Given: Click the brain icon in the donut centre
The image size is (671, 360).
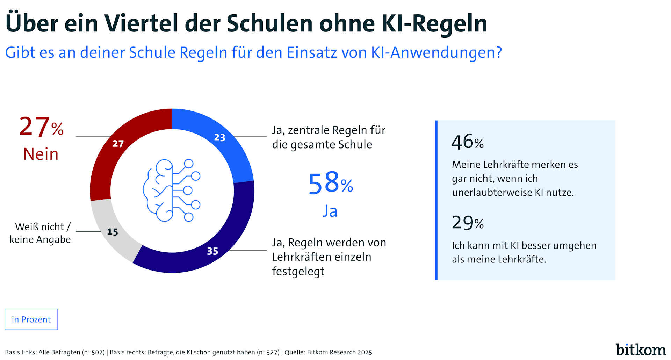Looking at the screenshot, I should coord(172,190).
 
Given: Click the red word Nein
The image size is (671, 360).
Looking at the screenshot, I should coord(41,154).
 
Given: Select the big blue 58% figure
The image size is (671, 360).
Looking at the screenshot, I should coord(330,183).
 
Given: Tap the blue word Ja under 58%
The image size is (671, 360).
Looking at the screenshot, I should coord(330,211).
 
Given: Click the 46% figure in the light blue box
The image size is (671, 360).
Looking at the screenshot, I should coord(467,142).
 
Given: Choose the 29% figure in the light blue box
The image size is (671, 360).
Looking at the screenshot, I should coord(467,223).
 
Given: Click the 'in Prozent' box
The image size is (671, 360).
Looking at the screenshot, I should coord(31,319).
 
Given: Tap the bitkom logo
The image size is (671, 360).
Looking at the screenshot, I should coord(640,350).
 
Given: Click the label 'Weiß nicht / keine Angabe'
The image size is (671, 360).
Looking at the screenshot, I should coord(40,233).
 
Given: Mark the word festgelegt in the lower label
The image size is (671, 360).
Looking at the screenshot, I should coord(298,272).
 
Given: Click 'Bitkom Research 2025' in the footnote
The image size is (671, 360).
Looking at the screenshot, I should coord(339,352).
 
